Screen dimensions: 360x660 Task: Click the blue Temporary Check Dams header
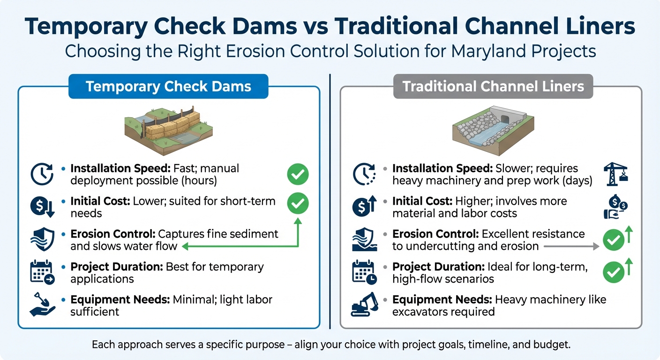coord(168,87)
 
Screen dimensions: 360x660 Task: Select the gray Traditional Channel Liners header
coord(493,87)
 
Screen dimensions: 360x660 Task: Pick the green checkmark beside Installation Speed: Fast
coord(298,175)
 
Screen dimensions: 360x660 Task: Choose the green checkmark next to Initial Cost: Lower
coord(298,204)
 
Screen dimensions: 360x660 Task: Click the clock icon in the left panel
coord(42,174)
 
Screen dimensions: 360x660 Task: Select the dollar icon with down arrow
coord(43,207)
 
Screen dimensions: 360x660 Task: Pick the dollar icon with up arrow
coord(364,207)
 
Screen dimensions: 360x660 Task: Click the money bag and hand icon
coord(615,208)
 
